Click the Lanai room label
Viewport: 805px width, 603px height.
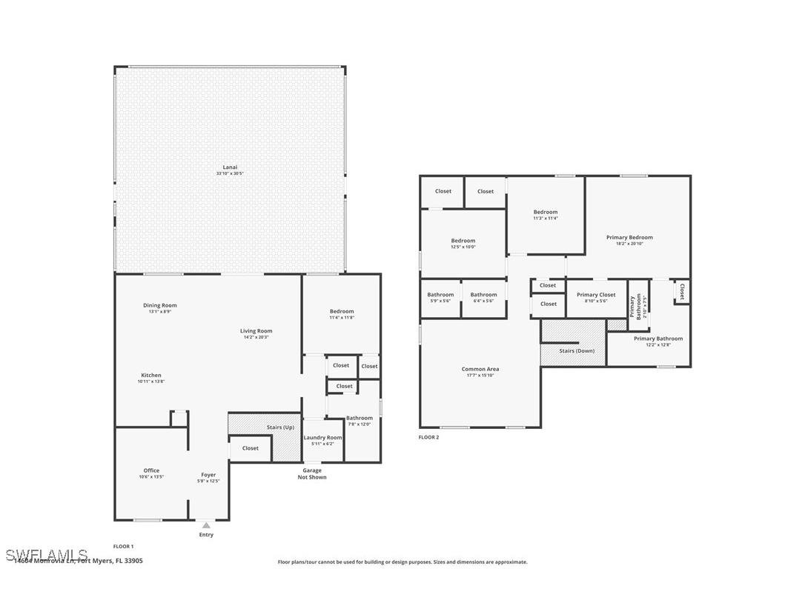point(230,167)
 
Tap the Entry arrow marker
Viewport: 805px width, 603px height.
point(206,525)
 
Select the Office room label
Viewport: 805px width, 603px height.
point(151,470)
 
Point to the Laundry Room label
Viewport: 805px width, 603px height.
point(322,438)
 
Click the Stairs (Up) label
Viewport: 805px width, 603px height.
point(280,427)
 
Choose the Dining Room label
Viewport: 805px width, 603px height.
point(160,305)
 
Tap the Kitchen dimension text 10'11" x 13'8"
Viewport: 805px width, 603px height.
point(151,382)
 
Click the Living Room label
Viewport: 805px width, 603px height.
point(256,331)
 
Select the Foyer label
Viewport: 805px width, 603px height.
point(208,475)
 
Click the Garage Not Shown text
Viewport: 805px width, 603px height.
point(312,473)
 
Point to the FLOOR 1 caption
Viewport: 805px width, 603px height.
point(124,547)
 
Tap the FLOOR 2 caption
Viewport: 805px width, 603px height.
point(428,438)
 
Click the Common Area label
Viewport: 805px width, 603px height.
point(480,369)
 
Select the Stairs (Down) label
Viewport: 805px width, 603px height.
point(577,350)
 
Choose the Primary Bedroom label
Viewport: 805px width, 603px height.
point(629,237)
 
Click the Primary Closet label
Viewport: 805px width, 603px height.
point(596,295)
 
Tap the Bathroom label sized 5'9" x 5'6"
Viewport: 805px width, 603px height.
point(440,295)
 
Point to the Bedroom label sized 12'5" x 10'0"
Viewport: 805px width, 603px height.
point(463,241)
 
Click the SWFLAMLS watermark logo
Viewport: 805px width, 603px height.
point(46,555)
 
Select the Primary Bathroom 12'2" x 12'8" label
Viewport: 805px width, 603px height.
point(658,339)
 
